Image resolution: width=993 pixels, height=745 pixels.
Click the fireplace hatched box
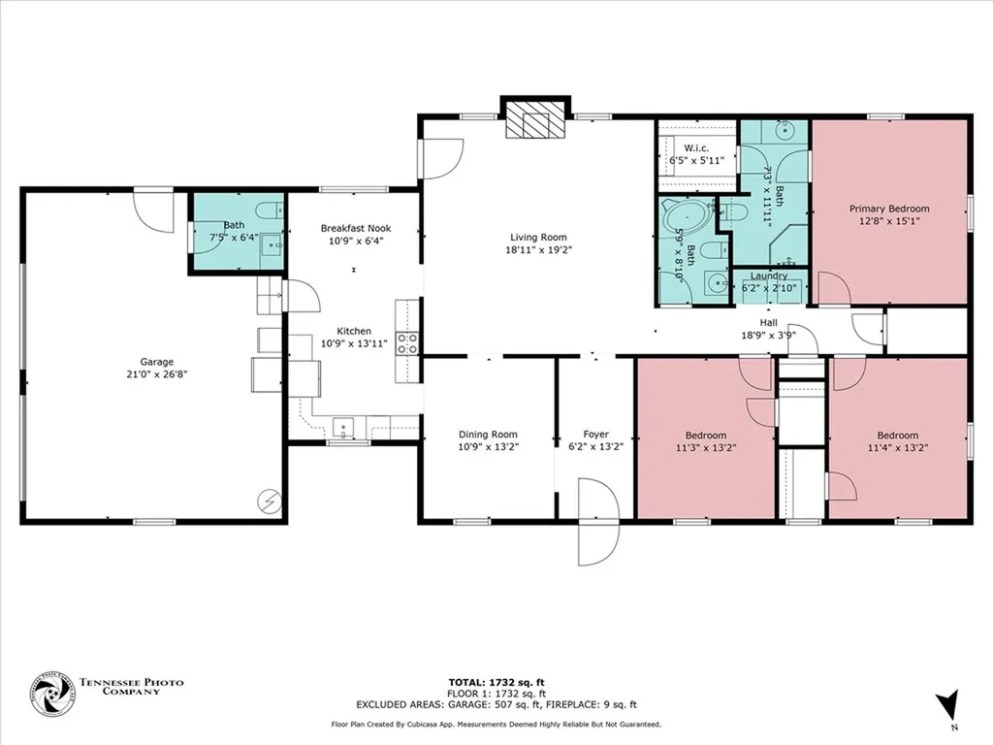pos(535,119)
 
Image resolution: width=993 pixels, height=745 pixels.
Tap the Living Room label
pos(538,238)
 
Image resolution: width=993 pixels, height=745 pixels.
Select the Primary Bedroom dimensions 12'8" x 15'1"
pos(889,221)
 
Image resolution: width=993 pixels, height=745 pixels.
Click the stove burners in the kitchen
pos(407,344)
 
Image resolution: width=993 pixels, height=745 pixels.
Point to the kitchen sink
pos(343,428)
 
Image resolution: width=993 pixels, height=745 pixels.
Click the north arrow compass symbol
pos(946,705)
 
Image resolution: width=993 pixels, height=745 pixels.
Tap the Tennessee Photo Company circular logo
pos(52,695)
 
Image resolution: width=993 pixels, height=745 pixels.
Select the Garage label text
pos(156,362)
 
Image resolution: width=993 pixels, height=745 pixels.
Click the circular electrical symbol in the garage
pos(270,502)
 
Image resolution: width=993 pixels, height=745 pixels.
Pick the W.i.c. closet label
pos(696,148)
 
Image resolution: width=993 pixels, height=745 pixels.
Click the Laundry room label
pos(769,275)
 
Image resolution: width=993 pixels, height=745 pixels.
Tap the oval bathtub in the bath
pos(684,221)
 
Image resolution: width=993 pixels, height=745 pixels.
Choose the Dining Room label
pos(488,435)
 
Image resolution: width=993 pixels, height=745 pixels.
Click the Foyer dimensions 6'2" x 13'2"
pos(596,446)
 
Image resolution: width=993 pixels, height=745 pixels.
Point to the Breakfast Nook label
pos(355,228)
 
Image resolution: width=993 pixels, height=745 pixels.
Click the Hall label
pos(769,322)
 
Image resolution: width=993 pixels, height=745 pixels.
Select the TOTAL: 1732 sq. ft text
pos(496,682)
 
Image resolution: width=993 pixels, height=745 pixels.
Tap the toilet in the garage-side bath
pos(270,210)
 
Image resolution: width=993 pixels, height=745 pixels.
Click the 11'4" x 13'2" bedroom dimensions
pos(897,447)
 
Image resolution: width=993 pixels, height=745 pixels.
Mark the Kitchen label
pos(353,331)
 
